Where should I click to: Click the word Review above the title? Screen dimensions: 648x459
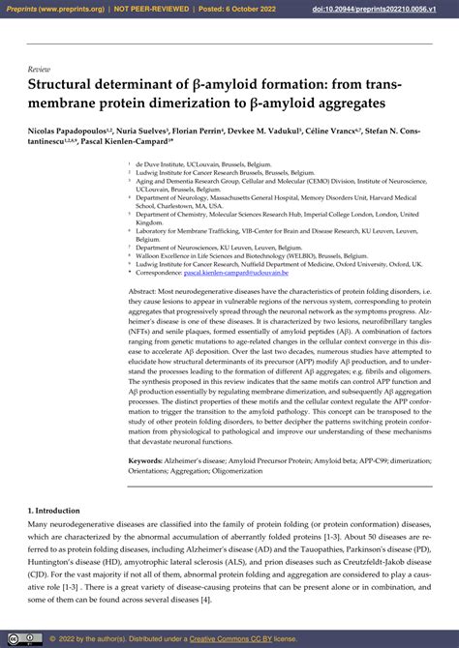point(39,71)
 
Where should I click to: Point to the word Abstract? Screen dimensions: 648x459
point(145,290)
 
